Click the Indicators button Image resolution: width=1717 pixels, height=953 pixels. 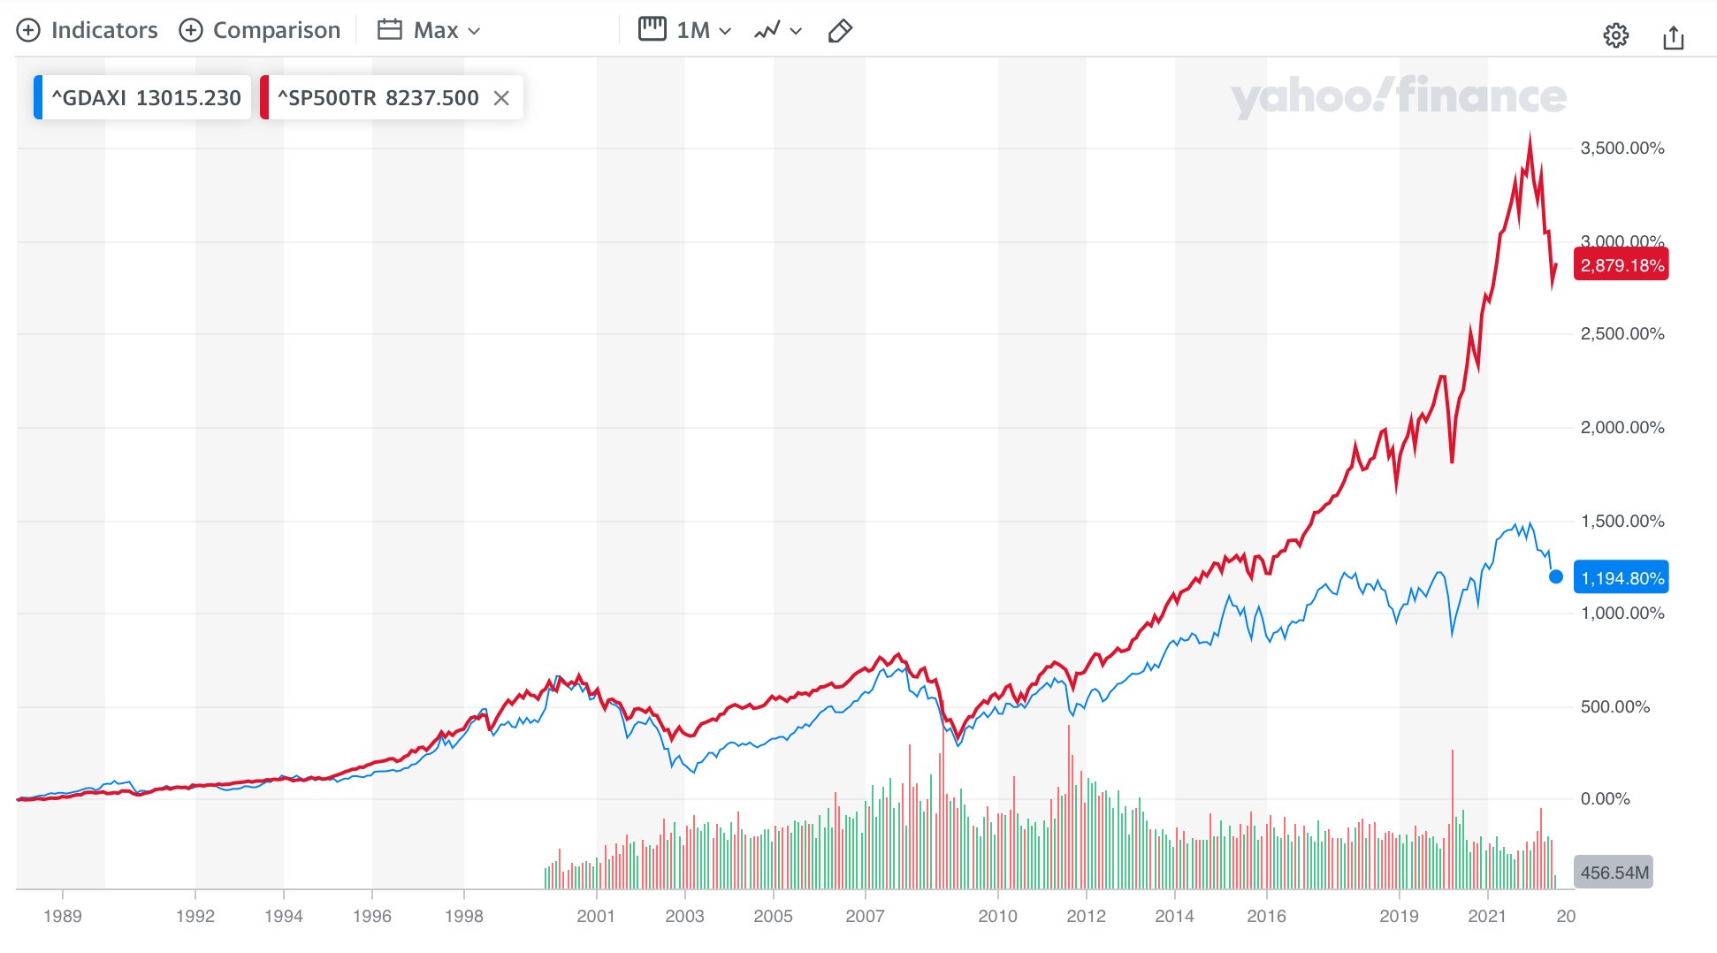point(88,30)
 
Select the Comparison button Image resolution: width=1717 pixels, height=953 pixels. point(260,30)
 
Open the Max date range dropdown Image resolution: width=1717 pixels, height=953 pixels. point(429,30)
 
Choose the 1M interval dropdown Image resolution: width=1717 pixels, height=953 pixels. point(685,30)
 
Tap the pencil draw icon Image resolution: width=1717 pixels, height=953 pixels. point(839,31)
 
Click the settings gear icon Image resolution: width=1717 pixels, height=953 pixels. point(1615,36)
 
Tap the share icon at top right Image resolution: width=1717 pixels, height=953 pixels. point(1673,37)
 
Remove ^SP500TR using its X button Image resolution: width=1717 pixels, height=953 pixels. point(501,98)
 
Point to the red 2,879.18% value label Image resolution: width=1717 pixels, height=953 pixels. point(1622,265)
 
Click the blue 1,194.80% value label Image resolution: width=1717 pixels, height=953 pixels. point(1622,578)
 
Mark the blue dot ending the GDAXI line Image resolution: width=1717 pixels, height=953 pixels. point(1556,577)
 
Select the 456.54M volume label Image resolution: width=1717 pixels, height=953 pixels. point(1614,873)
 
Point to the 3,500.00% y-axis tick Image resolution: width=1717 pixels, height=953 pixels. point(1622,148)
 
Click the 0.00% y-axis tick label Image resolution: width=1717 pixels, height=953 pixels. point(1605,799)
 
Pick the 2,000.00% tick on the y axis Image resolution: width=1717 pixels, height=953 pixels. point(1622,428)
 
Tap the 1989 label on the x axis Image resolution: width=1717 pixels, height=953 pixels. point(62,916)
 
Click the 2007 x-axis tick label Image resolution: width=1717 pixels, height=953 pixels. point(865,916)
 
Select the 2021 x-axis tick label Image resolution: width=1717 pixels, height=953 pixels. point(1487,916)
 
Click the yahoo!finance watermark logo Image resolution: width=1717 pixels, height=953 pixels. point(1398,96)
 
